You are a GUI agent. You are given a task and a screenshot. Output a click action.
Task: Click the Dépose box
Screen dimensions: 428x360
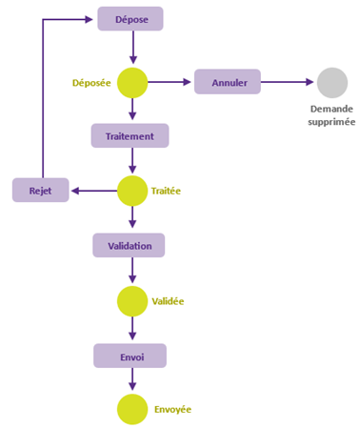click(x=130, y=19)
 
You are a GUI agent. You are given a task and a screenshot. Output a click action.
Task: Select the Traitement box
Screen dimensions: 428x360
click(x=130, y=135)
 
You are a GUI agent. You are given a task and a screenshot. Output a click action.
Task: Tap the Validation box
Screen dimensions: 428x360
click(x=130, y=246)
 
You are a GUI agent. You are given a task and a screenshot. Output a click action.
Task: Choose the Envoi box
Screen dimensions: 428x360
click(x=130, y=356)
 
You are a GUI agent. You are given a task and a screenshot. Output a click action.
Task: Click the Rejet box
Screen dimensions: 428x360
click(x=41, y=191)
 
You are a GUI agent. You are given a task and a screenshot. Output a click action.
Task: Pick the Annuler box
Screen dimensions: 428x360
click(x=228, y=82)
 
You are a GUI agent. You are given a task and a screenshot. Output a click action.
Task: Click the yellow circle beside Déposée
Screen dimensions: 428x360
click(x=132, y=82)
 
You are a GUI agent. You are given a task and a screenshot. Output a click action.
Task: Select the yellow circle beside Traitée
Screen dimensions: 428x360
click(x=132, y=191)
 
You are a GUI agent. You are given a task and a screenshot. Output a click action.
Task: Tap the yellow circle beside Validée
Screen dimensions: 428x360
click(x=132, y=301)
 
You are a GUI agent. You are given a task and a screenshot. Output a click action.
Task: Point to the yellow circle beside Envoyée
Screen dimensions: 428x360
click(x=132, y=410)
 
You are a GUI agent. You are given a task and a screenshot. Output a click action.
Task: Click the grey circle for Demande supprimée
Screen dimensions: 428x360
click(x=332, y=82)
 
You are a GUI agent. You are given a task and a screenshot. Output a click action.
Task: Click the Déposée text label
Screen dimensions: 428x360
click(x=92, y=83)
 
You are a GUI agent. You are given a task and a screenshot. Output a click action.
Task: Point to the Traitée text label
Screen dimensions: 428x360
click(x=166, y=191)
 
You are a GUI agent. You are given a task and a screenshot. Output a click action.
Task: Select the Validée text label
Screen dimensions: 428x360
click(x=168, y=301)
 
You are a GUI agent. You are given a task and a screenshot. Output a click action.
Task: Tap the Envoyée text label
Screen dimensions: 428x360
click(x=172, y=410)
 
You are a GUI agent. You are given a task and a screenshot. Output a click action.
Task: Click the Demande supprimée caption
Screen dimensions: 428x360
click(x=332, y=115)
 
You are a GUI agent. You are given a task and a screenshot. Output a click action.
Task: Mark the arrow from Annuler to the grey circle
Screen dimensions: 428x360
click(x=289, y=82)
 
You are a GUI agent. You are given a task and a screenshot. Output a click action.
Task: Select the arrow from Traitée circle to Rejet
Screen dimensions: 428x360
click(x=93, y=191)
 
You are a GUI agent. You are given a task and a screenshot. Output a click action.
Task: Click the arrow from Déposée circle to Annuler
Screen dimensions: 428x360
click(x=171, y=82)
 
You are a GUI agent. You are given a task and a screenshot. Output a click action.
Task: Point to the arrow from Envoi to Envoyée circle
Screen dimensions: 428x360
click(x=132, y=380)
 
